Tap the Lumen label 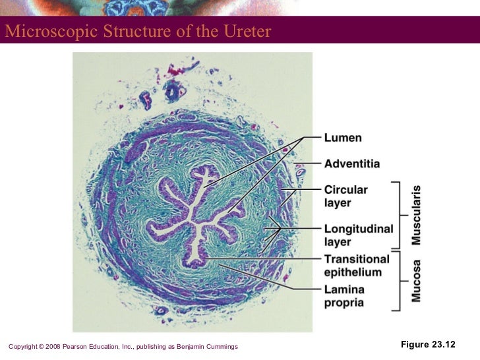pyautogui.click(x=342, y=138)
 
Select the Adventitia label pyautogui.click(x=351, y=163)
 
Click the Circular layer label pyautogui.click(x=345, y=195)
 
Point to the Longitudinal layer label pyautogui.click(x=358, y=235)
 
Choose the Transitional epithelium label pyautogui.click(x=356, y=265)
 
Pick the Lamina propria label pyautogui.click(x=344, y=296)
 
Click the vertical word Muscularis pyautogui.click(x=416, y=215)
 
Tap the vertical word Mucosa pyautogui.click(x=416, y=281)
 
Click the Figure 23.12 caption pyautogui.click(x=428, y=345)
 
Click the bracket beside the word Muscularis pyautogui.click(x=398, y=214)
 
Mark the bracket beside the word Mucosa pyautogui.click(x=398, y=280)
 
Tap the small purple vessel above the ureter pyautogui.click(x=173, y=92)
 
